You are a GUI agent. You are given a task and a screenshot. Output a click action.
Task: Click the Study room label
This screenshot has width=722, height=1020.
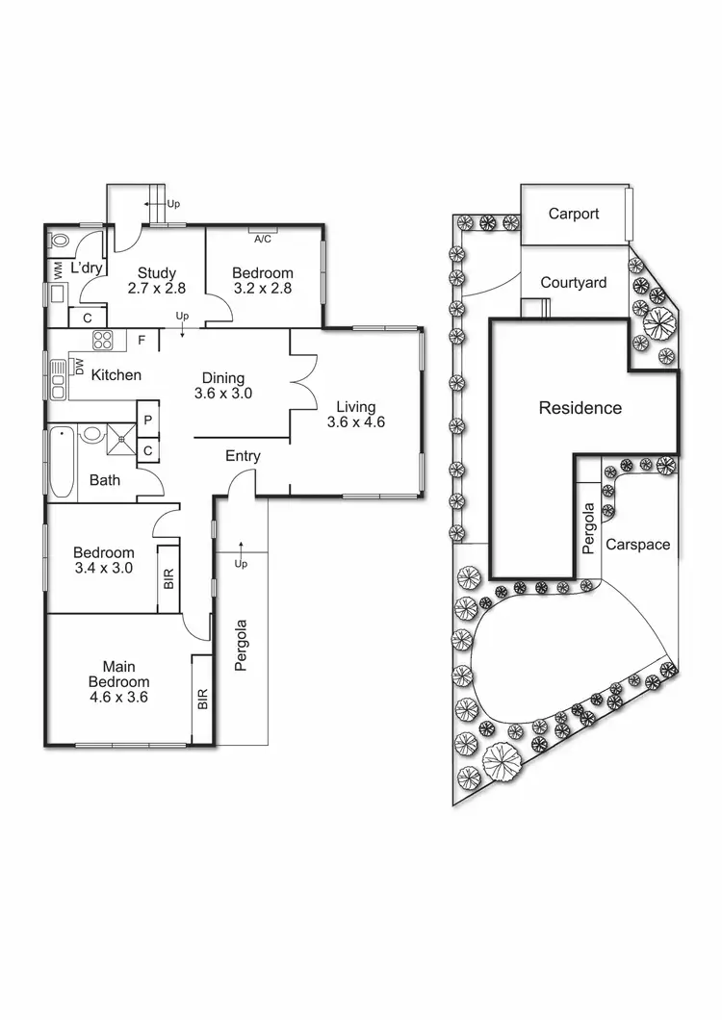pyautogui.click(x=156, y=272)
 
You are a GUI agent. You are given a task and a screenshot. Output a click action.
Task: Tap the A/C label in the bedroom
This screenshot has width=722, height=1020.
pyautogui.click(x=263, y=240)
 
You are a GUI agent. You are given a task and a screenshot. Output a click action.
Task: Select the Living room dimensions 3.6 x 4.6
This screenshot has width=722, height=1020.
pyautogui.click(x=355, y=421)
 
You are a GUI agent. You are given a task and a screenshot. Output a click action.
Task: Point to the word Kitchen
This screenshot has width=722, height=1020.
pyautogui.click(x=116, y=374)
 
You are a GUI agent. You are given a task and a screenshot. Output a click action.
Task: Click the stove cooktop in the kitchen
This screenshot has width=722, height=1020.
pyautogui.click(x=102, y=340)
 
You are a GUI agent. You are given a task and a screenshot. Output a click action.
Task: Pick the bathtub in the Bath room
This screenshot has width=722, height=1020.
pyautogui.click(x=61, y=462)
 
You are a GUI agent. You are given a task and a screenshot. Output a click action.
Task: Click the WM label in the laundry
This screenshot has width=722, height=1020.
pyautogui.click(x=57, y=268)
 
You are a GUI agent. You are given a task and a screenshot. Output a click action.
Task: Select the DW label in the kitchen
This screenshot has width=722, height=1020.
pyautogui.click(x=79, y=367)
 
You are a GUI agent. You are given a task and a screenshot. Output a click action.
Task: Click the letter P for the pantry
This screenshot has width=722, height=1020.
pyautogui.click(x=148, y=421)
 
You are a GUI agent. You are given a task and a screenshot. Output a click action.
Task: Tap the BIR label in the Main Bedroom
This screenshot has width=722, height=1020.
pyautogui.click(x=202, y=699)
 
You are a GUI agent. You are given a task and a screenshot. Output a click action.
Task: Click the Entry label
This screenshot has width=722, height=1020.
pyautogui.click(x=243, y=456)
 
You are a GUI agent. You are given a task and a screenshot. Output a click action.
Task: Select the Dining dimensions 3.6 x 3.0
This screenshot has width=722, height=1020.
pyautogui.click(x=222, y=393)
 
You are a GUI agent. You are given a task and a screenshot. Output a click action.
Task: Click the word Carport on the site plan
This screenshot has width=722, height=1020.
pyautogui.click(x=574, y=214)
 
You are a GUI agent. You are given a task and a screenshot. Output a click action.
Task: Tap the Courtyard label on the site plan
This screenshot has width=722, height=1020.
pyautogui.click(x=574, y=282)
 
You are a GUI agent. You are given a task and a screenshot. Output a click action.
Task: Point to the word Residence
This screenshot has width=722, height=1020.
pyautogui.click(x=580, y=408)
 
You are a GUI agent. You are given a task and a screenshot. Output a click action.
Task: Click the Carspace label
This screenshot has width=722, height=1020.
pyautogui.click(x=637, y=544)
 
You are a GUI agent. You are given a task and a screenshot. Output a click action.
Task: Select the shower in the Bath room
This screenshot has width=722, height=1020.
pyautogui.click(x=121, y=437)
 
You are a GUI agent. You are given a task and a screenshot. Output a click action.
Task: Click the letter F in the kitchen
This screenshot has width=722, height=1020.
pyautogui.click(x=142, y=340)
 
